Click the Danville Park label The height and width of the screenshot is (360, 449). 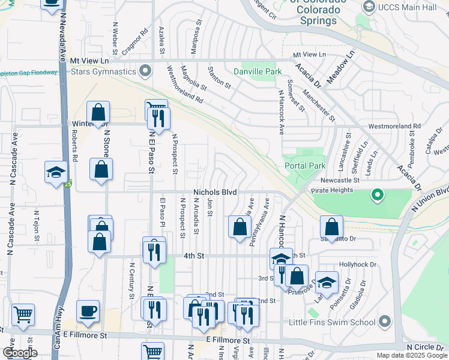(x=261, y=71)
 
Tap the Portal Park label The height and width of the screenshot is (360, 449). (x=304, y=166)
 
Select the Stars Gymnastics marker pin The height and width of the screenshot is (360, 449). (x=145, y=72)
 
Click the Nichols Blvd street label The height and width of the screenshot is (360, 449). (x=215, y=192)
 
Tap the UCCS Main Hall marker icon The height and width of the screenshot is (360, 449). (x=369, y=6)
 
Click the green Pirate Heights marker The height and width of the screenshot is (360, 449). (x=377, y=194)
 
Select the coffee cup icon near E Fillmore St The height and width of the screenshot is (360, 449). (x=88, y=311)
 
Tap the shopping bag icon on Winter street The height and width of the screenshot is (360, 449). (x=98, y=112)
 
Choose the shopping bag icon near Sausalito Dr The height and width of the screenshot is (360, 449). (x=331, y=226)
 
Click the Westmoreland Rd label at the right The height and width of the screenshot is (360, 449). (x=394, y=127)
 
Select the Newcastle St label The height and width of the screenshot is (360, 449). (x=339, y=179)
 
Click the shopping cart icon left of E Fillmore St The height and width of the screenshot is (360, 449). (x=23, y=314)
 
